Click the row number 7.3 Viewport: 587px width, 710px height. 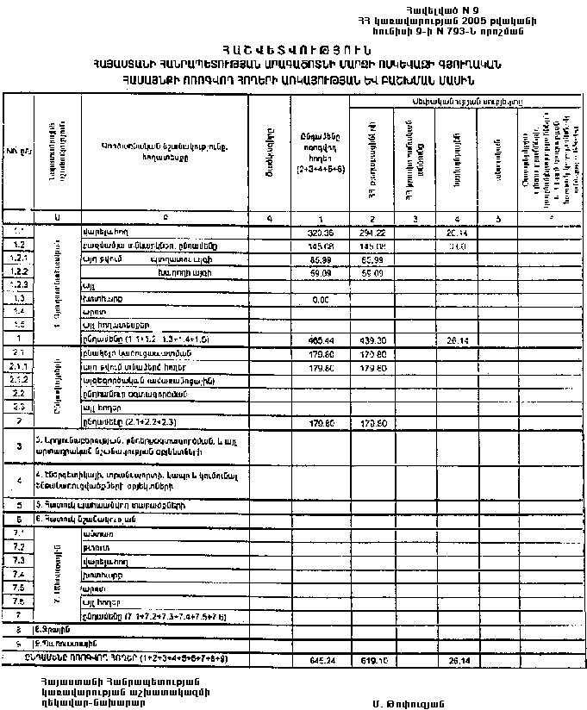pyautogui.click(x=17, y=561)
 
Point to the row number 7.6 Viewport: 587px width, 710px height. pyautogui.click(x=17, y=601)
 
